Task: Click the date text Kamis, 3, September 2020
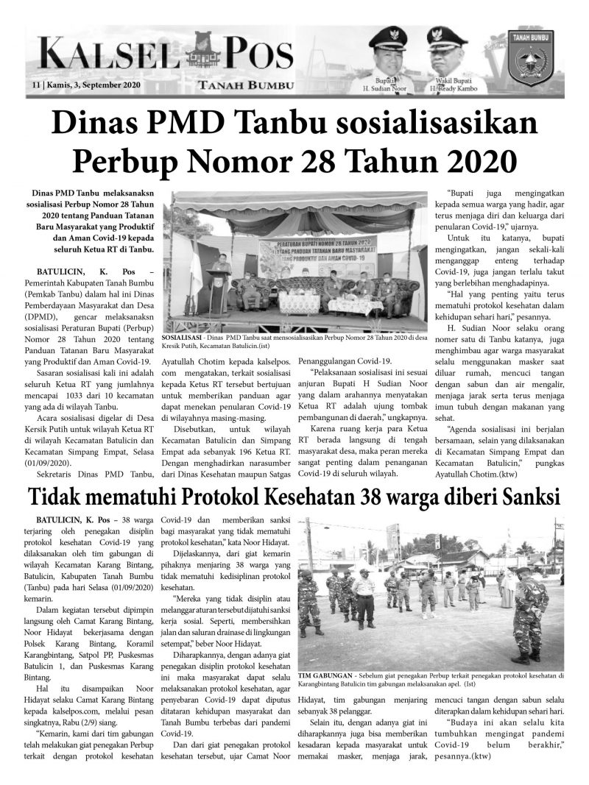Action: click(x=93, y=85)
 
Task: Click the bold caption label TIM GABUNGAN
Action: click(x=324, y=675)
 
